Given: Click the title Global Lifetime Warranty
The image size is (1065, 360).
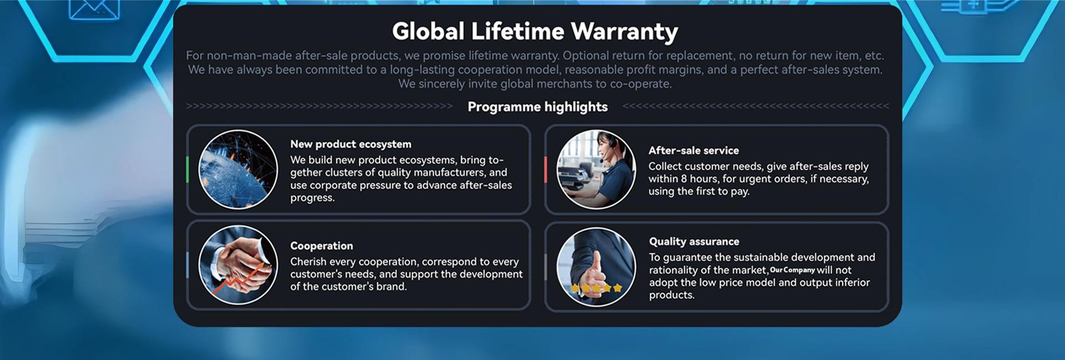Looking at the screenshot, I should coord(535,32).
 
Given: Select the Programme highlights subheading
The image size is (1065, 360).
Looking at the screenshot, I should coord(537,107).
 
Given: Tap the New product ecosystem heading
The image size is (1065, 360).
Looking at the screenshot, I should coord(351,144).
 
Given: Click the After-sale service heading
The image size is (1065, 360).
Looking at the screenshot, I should coord(693,150).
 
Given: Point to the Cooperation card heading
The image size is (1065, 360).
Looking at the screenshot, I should coord(321,246).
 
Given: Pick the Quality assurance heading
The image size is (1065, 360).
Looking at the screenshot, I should coord(694,241).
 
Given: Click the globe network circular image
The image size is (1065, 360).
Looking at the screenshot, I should coord(238,169).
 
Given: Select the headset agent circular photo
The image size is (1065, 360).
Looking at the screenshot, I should coord(596,169).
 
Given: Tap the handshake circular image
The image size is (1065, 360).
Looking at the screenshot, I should coord(238,265).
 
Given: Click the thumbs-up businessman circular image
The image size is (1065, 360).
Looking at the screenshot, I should coord(596,266).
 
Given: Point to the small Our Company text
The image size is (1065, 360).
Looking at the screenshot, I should coord(792,270).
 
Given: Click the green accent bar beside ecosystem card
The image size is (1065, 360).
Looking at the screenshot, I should coord(187,169).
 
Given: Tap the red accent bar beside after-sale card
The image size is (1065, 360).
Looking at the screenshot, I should coord(545,169).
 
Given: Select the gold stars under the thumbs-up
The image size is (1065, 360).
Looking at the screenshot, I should coord(596,288).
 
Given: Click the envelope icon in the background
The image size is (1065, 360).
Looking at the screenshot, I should coord(94,8).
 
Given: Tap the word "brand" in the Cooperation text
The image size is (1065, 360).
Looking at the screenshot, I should coord(390,287).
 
